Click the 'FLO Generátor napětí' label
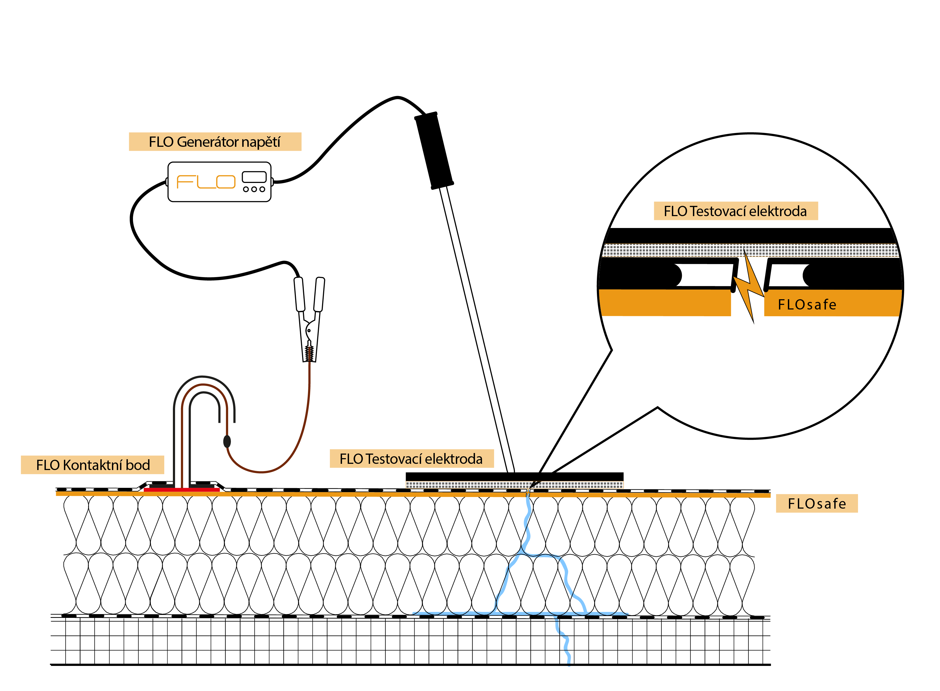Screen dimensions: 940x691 215,142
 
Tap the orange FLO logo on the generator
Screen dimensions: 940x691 206,182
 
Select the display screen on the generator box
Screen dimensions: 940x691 254,177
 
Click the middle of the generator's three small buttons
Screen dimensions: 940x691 254,189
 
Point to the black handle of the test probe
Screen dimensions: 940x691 434,151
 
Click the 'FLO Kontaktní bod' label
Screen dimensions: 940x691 93,465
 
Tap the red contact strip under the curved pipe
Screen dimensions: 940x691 182,490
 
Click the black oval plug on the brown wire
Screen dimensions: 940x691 227,441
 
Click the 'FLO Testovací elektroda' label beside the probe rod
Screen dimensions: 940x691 411,459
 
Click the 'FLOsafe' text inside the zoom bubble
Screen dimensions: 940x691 807,305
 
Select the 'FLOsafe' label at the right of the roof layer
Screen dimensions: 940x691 817,503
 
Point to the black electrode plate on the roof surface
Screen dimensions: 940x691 514,477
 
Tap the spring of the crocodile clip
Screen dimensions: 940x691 309,353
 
